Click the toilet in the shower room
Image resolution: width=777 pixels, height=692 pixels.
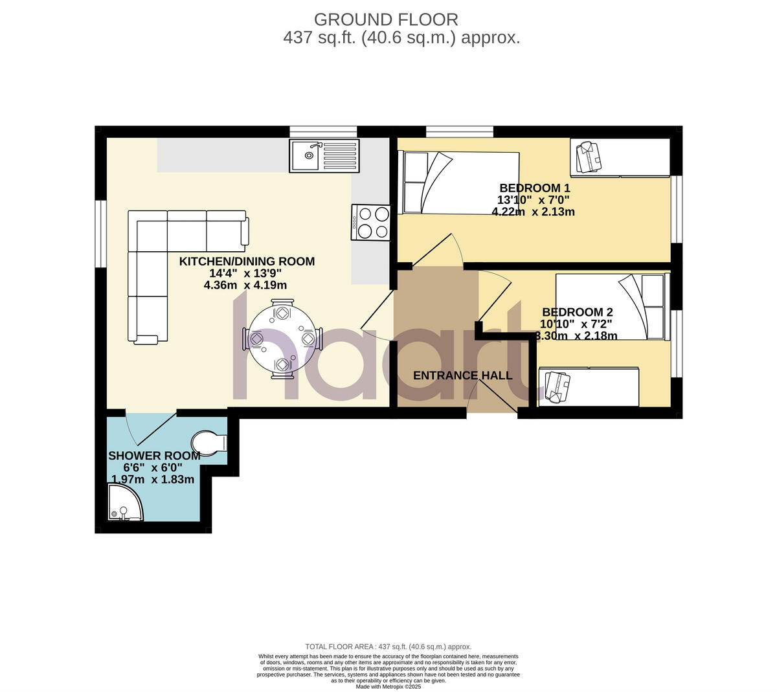[x=210, y=443]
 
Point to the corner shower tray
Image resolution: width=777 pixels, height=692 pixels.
[x=124, y=504]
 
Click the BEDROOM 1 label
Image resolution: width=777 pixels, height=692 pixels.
[x=534, y=188]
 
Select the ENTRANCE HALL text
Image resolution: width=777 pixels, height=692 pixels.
[x=463, y=375]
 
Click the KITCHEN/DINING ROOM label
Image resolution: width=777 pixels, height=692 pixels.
[x=247, y=262]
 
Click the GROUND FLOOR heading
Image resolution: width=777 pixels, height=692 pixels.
[x=386, y=19]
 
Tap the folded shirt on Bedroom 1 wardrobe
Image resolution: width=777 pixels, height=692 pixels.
[x=589, y=157]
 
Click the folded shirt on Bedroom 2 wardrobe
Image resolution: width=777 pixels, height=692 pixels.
[x=557, y=386]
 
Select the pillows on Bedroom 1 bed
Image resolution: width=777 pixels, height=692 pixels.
[x=415, y=183]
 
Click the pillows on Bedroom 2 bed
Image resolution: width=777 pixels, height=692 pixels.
[x=653, y=307]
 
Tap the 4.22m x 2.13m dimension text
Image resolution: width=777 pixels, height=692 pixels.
[x=533, y=212]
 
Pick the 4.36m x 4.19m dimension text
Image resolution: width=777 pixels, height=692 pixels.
[x=245, y=285]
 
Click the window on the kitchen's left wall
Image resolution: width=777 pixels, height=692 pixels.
[x=100, y=234]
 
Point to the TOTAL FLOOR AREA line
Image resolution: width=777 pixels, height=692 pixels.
[x=388, y=647]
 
